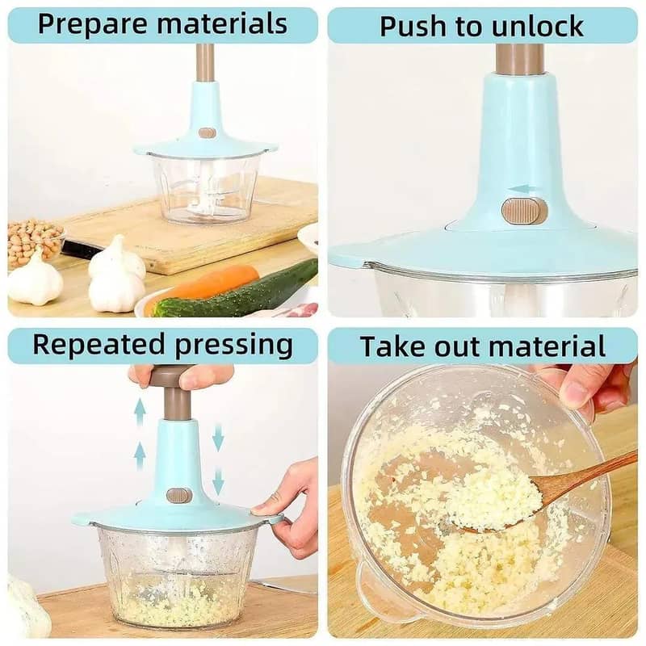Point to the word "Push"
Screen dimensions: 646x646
411,26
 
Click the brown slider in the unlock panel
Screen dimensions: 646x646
524,211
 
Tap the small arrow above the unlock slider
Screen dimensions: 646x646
522,189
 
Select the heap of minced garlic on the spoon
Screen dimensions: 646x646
493,497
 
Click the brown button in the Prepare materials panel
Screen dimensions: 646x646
208,132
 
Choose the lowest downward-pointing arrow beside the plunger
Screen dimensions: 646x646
218,482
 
